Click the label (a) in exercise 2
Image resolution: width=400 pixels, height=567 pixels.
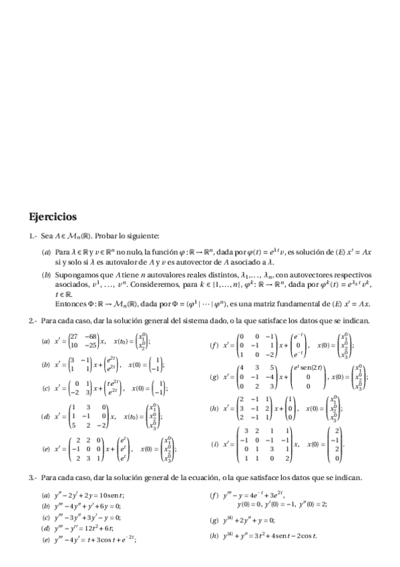(45, 341)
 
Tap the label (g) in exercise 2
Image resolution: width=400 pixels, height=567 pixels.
(214, 377)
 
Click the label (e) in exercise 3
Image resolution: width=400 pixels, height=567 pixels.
(45, 540)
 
